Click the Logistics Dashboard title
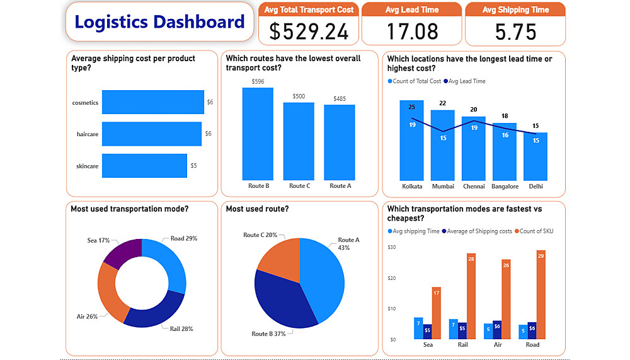click(x=159, y=23)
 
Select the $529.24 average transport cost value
click(x=307, y=31)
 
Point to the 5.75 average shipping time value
click(x=515, y=31)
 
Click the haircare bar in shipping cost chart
click(x=151, y=134)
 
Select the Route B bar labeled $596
click(x=258, y=134)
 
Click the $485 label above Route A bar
click(x=340, y=98)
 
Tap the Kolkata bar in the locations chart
click(x=412, y=141)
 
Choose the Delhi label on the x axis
click(x=535, y=186)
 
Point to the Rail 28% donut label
click(x=181, y=328)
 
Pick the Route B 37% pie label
click(x=269, y=334)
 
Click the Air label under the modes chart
click(x=498, y=345)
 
